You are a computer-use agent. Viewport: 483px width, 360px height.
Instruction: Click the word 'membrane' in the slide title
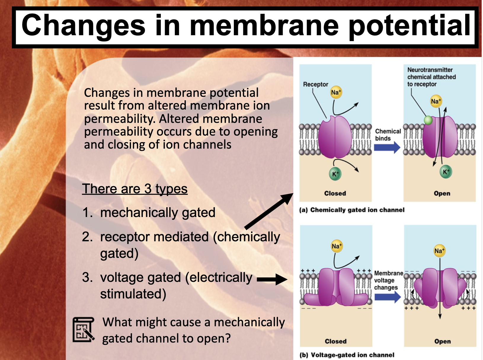tap(264, 26)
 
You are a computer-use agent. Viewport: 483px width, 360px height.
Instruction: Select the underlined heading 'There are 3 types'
tap(135, 189)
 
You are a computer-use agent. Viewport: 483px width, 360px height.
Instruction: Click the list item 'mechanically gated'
tap(158, 213)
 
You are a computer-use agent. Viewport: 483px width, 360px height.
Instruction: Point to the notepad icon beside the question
tap(83, 330)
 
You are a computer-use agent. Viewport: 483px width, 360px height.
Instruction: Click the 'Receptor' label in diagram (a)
tap(316, 84)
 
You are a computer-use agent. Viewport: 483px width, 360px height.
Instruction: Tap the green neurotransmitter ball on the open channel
tap(428, 120)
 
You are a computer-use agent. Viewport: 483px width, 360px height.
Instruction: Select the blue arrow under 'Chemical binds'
tap(387, 147)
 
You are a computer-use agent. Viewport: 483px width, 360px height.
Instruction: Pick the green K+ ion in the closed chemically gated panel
tap(335, 174)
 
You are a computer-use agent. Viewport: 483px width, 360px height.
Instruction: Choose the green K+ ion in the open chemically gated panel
tap(446, 172)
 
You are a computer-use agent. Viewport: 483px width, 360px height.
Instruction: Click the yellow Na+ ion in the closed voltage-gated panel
tap(337, 246)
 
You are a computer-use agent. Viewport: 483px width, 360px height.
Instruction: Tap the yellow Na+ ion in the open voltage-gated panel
tap(439, 251)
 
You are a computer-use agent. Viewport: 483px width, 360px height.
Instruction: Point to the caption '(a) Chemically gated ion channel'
tap(352, 210)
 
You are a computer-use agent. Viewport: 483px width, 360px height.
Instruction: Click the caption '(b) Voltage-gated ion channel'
tap(347, 355)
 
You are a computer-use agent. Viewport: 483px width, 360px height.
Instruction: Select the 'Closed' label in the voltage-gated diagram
tap(336, 341)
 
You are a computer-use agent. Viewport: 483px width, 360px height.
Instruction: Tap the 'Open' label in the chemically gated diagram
tap(442, 193)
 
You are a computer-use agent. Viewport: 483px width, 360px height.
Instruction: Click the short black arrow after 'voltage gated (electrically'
tap(272, 279)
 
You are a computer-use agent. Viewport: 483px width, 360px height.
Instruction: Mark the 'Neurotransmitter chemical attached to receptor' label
tap(431, 77)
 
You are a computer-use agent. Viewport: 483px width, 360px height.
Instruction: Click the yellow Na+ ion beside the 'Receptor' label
tap(336, 92)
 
